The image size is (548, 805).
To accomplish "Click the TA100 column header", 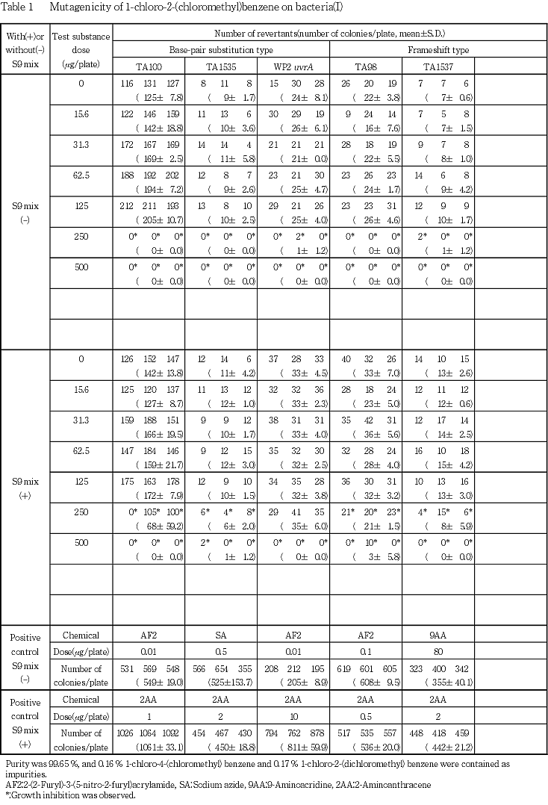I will pos(150,66).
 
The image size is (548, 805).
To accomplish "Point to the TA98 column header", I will pos(366,66).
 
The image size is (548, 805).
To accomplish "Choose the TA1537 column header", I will pos(438,66).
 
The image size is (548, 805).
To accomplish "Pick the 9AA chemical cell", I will pos(438,635).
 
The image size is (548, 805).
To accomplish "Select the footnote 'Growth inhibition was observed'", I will pos(57,796).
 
